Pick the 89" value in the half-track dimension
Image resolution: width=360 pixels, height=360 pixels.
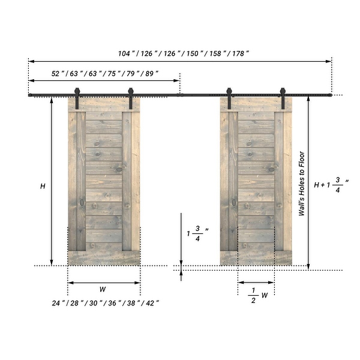[151, 73]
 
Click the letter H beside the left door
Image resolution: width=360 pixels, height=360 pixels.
[43, 186]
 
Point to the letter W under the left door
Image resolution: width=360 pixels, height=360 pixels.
[103, 289]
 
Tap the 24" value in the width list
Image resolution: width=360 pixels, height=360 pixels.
[58, 303]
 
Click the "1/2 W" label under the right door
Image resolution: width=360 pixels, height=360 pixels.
[257, 295]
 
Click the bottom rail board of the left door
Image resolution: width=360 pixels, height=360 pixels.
[104, 258]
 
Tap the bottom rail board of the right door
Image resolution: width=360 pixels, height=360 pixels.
[256, 258]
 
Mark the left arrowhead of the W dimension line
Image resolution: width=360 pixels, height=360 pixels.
[70, 282]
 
